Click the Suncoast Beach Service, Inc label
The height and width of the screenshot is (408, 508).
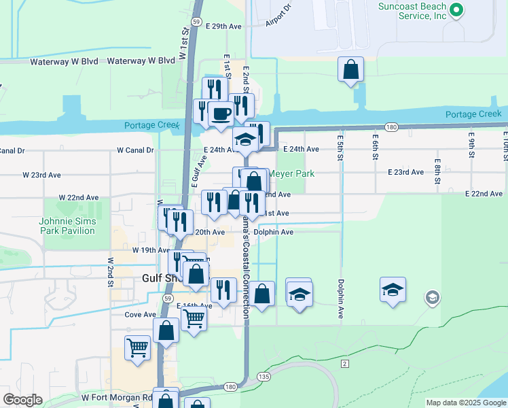pos(412,10)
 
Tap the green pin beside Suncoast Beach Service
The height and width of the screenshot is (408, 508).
pos(456,10)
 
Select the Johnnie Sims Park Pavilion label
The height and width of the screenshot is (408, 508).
pos(67,226)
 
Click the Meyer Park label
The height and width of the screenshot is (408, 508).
pos(291,174)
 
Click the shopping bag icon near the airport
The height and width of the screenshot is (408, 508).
pos(350,69)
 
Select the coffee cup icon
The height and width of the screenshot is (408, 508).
pos(220,113)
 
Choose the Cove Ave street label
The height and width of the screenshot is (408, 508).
pos(141,315)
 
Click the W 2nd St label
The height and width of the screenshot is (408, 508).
pos(109,271)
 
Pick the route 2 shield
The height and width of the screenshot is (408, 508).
pos(345,365)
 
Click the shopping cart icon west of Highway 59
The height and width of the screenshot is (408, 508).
pos(137,347)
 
